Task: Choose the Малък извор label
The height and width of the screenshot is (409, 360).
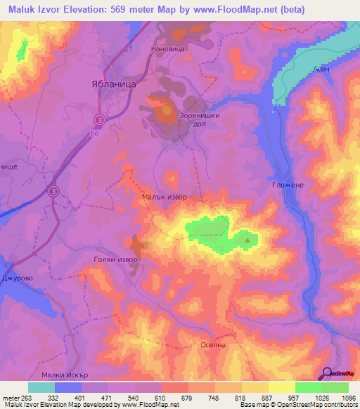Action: coord(165,197)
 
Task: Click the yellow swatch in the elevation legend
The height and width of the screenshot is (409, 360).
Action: coord(282,387)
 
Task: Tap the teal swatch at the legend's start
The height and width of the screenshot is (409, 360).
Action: coord(41,387)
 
